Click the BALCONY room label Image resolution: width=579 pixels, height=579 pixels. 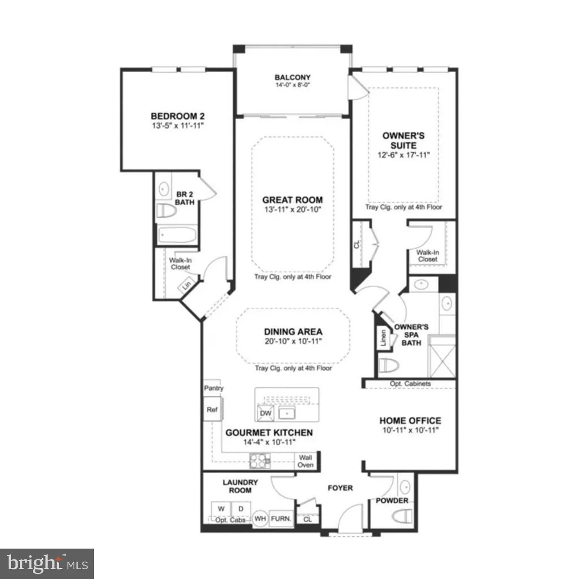[x=292, y=77]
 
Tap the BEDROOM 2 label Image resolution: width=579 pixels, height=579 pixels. [x=178, y=116]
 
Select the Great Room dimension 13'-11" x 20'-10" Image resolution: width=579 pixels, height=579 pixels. [x=293, y=210]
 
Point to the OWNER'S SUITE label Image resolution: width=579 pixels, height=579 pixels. [x=403, y=141]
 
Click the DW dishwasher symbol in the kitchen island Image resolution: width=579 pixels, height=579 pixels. [x=266, y=413]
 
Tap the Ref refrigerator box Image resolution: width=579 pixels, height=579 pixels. [x=212, y=410]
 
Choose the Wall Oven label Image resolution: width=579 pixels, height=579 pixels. [x=305, y=461]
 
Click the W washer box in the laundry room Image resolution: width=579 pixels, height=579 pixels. [x=221, y=509]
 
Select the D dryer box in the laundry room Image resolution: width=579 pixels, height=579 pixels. [x=241, y=509]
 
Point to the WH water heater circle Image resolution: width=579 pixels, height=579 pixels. [x=260, y=518]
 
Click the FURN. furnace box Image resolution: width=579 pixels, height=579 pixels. [x=281, y=518]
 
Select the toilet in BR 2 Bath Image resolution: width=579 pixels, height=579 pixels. [x=166, y=211]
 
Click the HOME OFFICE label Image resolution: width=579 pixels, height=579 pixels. [x=410, y=420]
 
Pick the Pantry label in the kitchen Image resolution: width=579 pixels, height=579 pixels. [x=213, y=388]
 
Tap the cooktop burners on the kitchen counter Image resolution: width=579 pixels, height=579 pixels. [x=260, y=460]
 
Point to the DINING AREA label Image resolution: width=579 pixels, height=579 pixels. [x=293, y=332]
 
